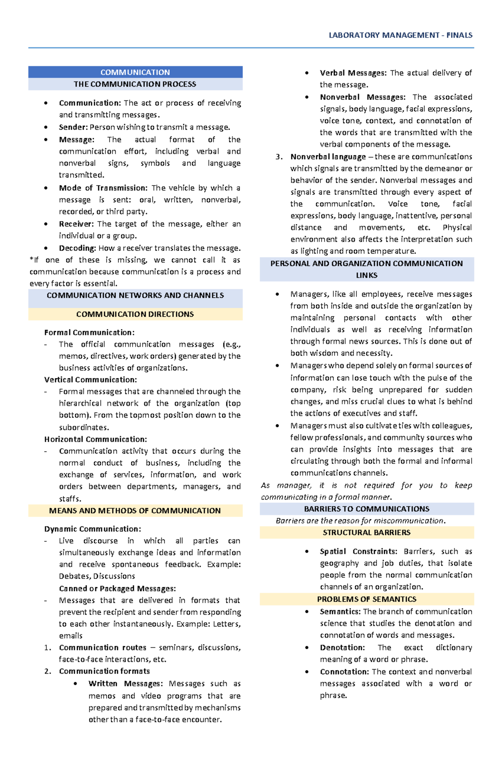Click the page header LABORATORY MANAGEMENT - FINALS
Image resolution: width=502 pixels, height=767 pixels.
point(400,35)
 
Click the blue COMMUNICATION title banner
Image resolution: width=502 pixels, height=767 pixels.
point(135,72)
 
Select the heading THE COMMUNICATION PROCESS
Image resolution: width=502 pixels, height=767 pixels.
point(135,84)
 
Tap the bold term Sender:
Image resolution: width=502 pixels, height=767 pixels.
point(73,127)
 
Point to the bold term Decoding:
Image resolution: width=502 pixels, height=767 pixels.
point(77,248)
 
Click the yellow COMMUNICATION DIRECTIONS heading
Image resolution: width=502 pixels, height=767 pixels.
point(135,314)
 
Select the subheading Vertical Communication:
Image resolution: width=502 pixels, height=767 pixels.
point(90,380)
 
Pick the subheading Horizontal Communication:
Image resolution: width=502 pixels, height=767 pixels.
point(95,439)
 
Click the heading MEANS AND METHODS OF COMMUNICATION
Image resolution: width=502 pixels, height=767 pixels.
point(135,510)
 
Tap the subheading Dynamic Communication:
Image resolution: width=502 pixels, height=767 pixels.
point(92,529)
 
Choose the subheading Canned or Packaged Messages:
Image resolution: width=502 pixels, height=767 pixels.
point(117,589)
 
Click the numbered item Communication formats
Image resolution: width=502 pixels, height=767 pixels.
point(104,671)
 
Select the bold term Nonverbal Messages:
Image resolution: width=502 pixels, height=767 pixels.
point(362,97)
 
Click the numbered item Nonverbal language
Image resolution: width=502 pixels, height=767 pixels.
point(328,157)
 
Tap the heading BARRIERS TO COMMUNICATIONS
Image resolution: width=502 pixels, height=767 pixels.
point(366,509)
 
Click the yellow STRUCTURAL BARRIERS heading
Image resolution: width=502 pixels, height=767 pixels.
point(366,533)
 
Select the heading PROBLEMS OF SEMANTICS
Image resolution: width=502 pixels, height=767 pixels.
point(366,599)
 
